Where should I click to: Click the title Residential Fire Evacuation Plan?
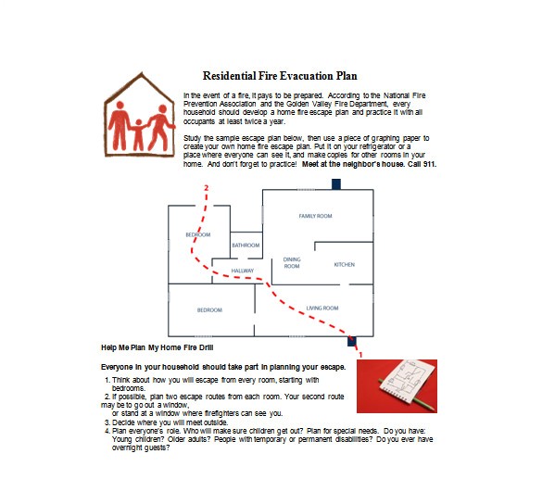point(279,76)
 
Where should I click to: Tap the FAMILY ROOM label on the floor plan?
point(315,216)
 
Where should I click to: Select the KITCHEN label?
point(344,265)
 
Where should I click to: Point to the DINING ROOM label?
point(292,263)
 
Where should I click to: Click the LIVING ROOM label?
point(322,308)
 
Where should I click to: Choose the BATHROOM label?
point(246,246)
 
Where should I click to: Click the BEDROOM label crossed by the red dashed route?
point(198,234)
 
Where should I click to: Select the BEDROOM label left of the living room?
point(208,309)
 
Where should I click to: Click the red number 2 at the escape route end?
point(206,188)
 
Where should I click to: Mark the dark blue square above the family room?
point(335,183)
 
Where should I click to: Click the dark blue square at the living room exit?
point(352,341)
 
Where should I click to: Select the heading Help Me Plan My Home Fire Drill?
point(157,347)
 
